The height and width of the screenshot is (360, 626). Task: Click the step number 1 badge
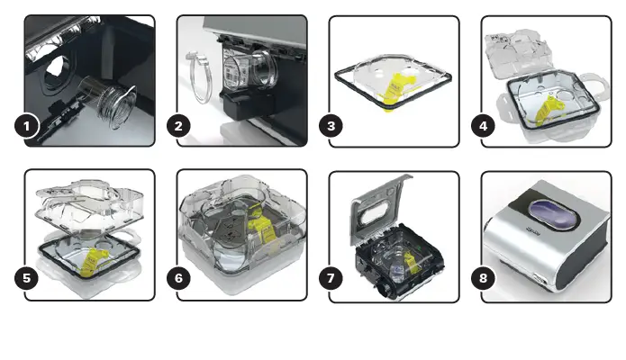(29, 126)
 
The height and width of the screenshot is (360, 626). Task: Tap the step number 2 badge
(181, 126)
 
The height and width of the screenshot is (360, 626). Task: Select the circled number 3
(333, 126)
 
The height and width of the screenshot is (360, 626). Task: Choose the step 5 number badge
(29, 278)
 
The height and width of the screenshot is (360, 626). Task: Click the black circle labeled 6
(181, 278)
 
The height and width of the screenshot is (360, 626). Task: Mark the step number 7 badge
(333, 278)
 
